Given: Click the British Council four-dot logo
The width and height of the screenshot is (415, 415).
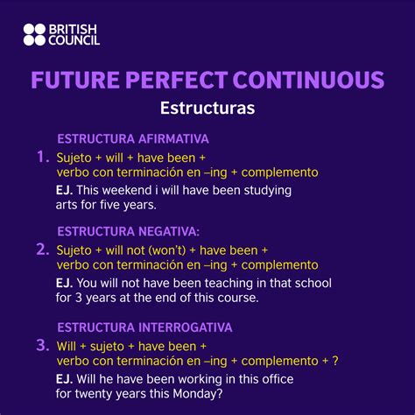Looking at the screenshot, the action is [34, 35].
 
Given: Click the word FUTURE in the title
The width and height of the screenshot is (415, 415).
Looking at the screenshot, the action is [75, 80].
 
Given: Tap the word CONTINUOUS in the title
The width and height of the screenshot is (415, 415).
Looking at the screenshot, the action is [308, 80].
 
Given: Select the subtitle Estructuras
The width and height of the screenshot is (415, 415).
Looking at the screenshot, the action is [207, 108].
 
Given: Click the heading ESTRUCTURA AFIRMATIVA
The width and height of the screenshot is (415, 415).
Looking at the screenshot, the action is [133, 139].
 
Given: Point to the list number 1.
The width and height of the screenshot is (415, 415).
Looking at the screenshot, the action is [43, 157].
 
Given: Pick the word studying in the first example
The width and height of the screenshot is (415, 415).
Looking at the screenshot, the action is [268, 191].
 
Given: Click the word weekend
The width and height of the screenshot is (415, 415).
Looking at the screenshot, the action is [127, 190].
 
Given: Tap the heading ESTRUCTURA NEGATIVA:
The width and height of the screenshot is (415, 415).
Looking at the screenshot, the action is [129, 231].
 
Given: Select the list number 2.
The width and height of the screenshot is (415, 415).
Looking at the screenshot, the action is [43, 250].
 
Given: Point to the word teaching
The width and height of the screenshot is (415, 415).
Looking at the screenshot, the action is [229, 284].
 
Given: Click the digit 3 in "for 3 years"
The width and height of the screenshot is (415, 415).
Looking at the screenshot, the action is [79, 298].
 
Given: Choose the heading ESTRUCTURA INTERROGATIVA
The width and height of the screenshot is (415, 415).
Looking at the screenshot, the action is [144, 327].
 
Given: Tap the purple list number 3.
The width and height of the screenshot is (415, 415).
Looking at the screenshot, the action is [43, 345].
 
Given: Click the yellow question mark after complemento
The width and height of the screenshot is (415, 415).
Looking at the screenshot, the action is [335, 361].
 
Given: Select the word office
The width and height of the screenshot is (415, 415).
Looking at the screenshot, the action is [278, 379].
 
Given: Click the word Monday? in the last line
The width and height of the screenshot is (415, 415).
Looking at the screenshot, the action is [198, 394].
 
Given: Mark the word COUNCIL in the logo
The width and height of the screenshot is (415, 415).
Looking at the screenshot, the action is [74, 40].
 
